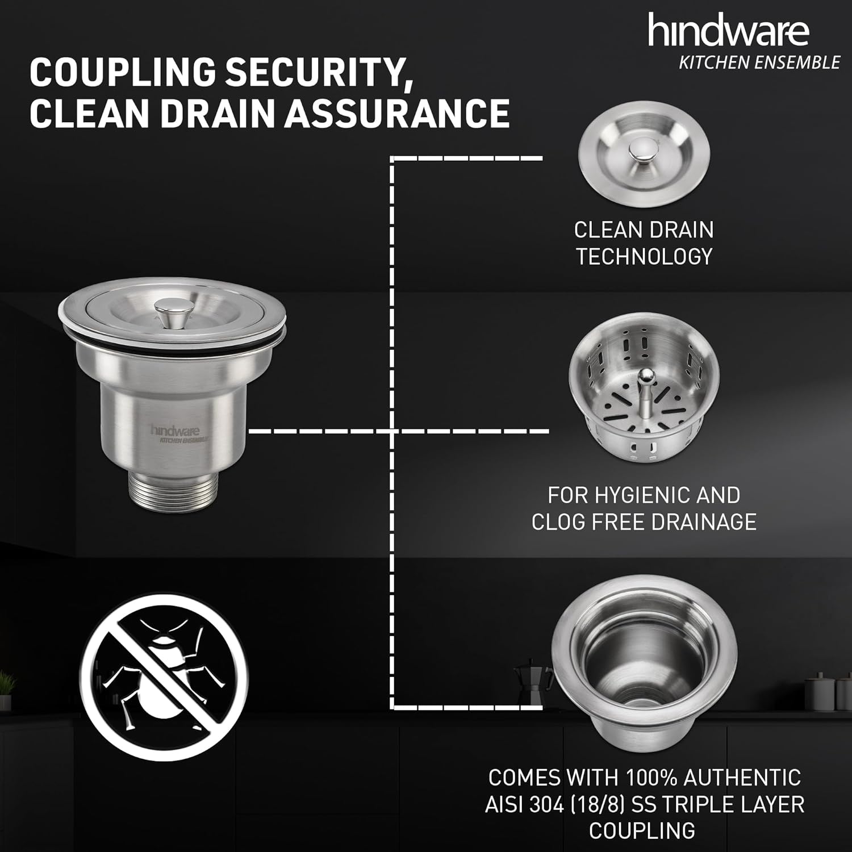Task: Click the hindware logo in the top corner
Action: coord(728,31)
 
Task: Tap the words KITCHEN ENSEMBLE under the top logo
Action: coord(759,62)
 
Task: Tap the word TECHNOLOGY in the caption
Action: coord(644,256)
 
